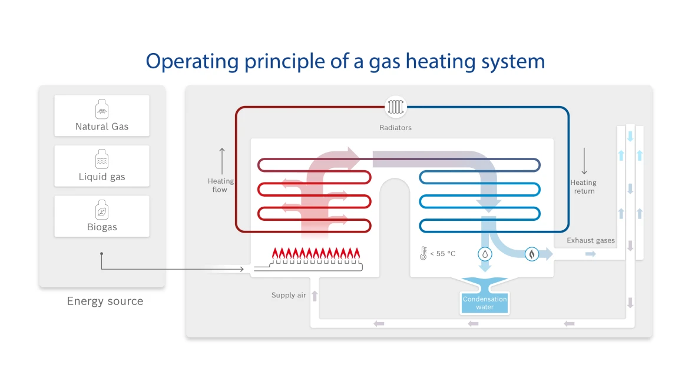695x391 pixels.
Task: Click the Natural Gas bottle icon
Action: point(102,109)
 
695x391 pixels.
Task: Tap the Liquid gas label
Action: point(102,177)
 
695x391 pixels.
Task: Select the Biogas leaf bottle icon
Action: point(102,210)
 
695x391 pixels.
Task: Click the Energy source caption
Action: point(105,301)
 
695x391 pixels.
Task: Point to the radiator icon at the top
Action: point(395,107)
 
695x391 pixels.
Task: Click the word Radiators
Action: point(395,128)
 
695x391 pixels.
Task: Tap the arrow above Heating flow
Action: point(222,161)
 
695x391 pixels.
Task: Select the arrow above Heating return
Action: point(584,161)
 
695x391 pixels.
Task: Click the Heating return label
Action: point(584,187)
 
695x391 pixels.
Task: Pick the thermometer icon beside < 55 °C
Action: point(423,253)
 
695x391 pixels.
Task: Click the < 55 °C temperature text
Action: point(443,254)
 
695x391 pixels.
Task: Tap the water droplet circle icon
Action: point(485,254)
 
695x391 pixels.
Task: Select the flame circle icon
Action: point(532,254)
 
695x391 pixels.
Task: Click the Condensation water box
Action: point(485,303)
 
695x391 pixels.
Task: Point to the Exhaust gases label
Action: point(591,240)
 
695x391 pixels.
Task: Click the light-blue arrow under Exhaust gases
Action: point(590,254)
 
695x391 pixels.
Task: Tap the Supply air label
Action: point(289,295)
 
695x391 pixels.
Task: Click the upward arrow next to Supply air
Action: point(315,296)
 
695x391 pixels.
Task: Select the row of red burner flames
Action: point(316,254)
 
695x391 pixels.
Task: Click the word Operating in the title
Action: point(193,61)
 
